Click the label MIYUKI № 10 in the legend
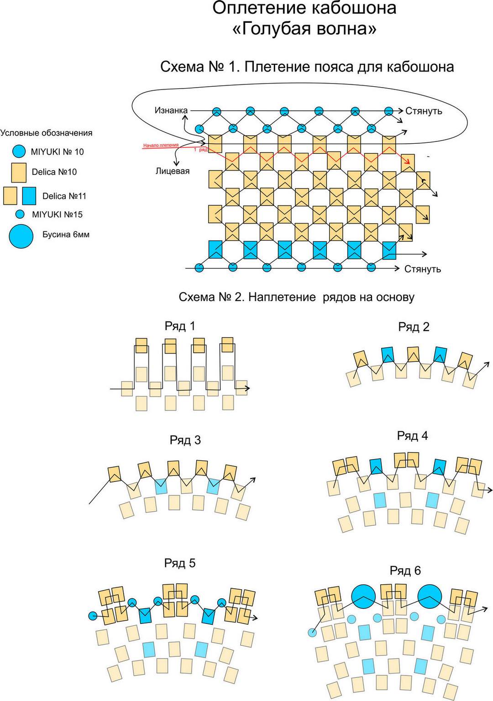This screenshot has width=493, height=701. (x=57, y=152)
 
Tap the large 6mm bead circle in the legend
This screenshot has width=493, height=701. (x=21, y=236)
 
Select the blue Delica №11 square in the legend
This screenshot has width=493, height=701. (x=29, y=196)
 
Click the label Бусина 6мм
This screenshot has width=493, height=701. (x=66, y=235)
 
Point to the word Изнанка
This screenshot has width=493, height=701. (x=171, y=110)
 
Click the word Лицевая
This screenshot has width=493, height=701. (x=173, y=171)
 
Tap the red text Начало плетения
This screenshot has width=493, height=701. (x=161, y=145)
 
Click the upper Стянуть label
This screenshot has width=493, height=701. (x=424, y=111)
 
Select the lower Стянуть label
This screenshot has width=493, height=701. (x=423, y=269)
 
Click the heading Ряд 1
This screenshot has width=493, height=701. (x=180, y=326)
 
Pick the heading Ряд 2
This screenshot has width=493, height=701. (x=414, y=327)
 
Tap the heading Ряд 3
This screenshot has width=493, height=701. (x=185, y=440)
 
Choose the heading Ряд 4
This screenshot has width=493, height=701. (x=413, y=436)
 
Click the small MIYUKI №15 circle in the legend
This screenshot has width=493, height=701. (x=20, y=214)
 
